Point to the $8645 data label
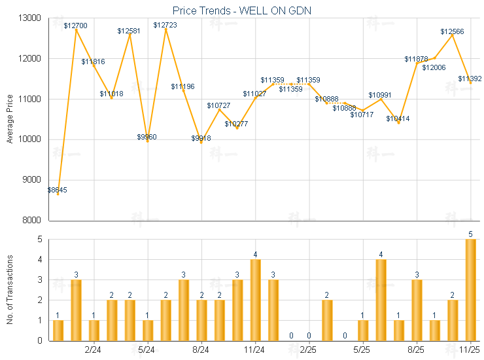[x=57, y=190]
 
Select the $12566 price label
[x=452, y=31]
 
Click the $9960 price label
[x=147, y=137]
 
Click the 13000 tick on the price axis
[x=32, y=18]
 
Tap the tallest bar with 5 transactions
[x=470, y=290]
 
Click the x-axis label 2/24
[x=93, y=350]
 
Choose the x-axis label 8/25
[x=417, y=350]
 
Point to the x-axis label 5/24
[x=147, y=350]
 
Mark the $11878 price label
[x=416, y=60]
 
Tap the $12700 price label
[x=76, y=26]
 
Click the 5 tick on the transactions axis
[x=39, y=240]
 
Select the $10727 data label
[x=219, y=105]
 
